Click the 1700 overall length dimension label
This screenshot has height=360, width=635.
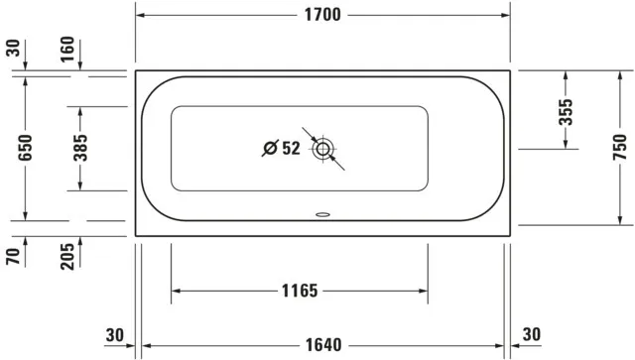pyautogui.click(x=323, y=15)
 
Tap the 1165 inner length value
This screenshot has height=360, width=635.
pyautogui.click(x=299, y=292)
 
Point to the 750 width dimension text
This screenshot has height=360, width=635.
pyautogui.click(x=618, y=148)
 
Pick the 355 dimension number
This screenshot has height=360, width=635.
pyautogui.click(x=564, y=111)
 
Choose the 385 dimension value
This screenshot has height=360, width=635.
pyautogui.click(x=82, y=149)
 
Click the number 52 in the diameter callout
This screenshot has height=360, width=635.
pyautogui.click(x=291, y=149)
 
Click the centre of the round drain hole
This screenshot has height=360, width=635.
pyautogui.click(x=322, y=151)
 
